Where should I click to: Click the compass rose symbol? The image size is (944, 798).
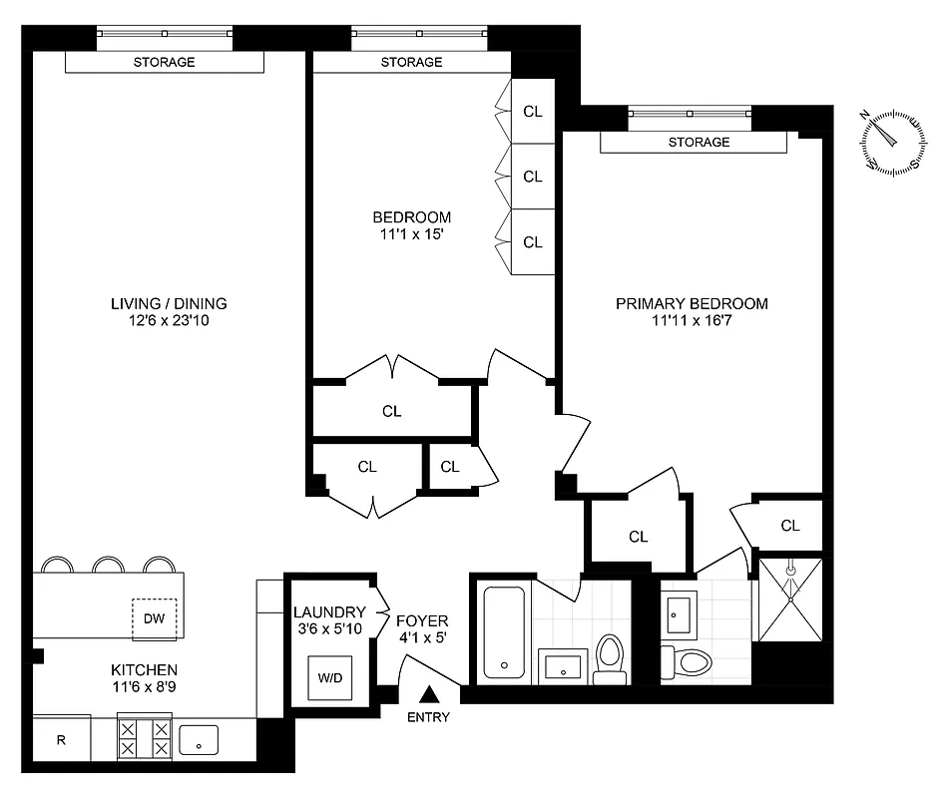(891, 143)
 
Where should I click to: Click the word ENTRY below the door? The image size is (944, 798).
(429, 717)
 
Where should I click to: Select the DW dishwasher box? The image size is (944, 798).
(154, 618)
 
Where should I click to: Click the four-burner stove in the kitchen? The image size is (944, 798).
(145, 738)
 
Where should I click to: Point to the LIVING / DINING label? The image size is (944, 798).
(170, 303)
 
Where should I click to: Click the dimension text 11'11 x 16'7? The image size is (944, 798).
(692, 322)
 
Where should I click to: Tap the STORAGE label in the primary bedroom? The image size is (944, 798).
(699, 143)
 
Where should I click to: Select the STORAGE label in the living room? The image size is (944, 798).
(164, 62)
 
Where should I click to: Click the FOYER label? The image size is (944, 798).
(422, 619)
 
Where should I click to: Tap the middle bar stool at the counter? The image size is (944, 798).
(107, 566)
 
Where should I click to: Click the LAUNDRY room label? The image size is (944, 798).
(327, 611)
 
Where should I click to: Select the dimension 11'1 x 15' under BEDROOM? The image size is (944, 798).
(411, 235)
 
